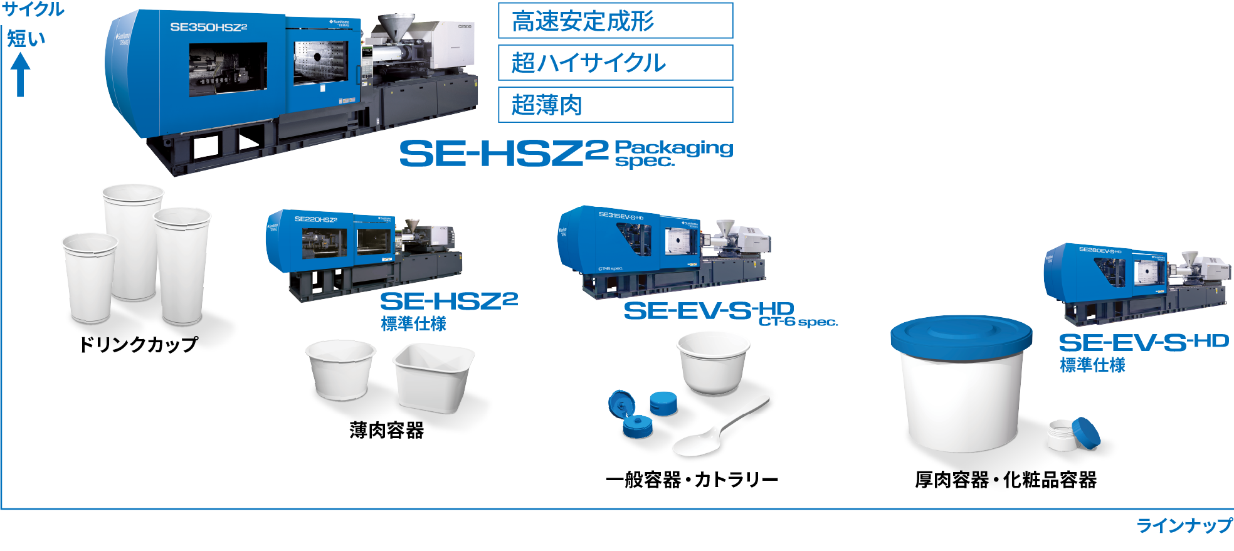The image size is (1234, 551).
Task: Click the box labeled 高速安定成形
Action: [614, 21]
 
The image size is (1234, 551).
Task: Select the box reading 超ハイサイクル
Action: [614, 63]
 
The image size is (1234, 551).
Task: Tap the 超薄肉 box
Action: [614, 105]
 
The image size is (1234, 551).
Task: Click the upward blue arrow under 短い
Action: [20, 74]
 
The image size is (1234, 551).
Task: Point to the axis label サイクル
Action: [33, 9]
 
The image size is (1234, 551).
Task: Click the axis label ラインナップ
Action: [1184, 525]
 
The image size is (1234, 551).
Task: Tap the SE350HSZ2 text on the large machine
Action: [208, 27]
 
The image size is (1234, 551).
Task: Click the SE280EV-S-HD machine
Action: [1135, 282]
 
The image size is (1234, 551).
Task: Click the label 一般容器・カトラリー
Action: [692, 480]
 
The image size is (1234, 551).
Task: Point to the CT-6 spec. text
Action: [798, 322]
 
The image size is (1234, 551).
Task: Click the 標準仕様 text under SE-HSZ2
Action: [414, 324]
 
